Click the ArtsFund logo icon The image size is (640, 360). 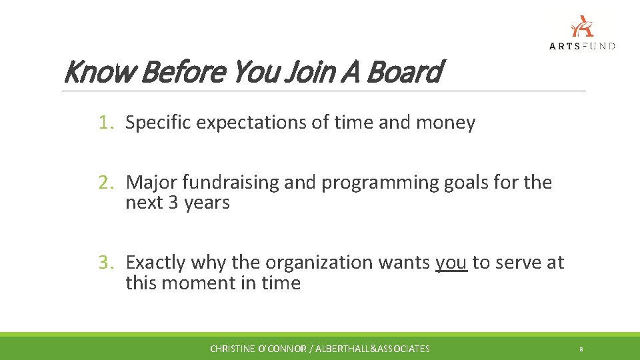pyautogui.click(x=581, y=26)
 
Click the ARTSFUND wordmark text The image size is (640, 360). pyautogui.click(x=582, y=46)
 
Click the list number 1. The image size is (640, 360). pyautogui.click(x=106, y=123)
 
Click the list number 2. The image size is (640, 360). pyautogui.click(x=106, y=182)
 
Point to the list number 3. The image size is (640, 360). pyautogui.click(x=106, y=263)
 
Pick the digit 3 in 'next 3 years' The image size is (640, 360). pyautogui.click(x=173, y=203)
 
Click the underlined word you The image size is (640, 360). pyautogui.click(x=451, y=263)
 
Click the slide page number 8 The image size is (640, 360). pyautogui.click(x=581, y=349)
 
